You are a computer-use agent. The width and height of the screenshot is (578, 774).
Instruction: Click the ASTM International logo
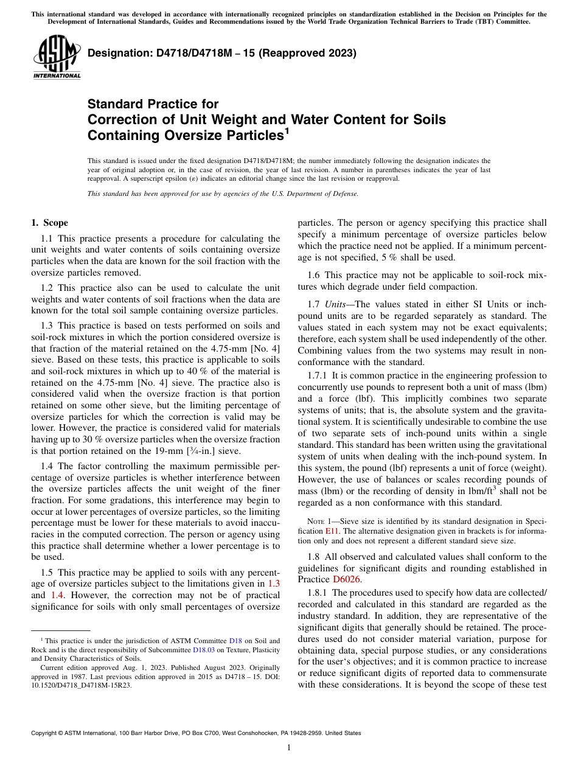[x=57, y=58]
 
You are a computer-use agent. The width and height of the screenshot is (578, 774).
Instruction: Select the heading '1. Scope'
[x=49, y=223]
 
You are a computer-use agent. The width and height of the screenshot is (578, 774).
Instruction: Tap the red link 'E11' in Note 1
[x=332, y=531]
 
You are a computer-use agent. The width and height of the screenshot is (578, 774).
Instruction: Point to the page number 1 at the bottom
[x=289, y=748]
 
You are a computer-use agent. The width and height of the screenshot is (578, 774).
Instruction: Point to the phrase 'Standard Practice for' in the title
[x=153, y=104]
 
